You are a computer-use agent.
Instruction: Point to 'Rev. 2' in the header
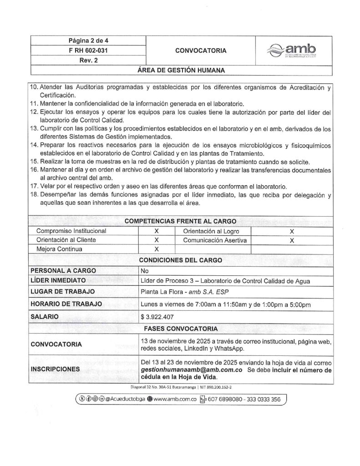click(88, 61)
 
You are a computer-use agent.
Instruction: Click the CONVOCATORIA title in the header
click(200, 51)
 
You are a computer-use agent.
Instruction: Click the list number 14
click(34, 145)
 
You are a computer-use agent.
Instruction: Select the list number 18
click(34, 195)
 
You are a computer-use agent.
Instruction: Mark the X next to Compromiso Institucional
click(156, 231)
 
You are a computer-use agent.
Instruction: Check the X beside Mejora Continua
click(156, 249)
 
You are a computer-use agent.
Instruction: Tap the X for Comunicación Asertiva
click(291, 240)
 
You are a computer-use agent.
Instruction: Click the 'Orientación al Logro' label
click(211, 231)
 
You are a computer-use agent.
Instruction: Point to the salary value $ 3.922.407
click(159, 317)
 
